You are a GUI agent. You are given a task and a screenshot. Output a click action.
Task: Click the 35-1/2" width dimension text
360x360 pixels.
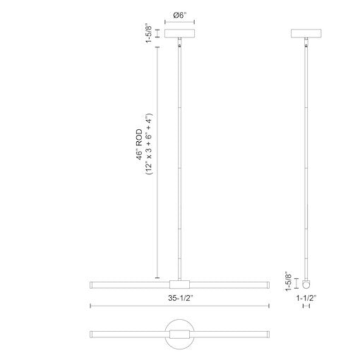click(x=179, y=298)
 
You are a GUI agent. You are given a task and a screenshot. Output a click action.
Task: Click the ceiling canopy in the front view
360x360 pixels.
click(x=179, y=33)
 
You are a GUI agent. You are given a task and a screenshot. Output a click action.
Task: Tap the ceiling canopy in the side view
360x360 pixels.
click(x=308, y=33)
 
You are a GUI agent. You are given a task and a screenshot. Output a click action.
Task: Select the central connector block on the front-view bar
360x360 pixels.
click(x=179, y=284)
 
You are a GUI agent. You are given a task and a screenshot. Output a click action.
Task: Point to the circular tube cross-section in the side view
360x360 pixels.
click(x=308, y=284)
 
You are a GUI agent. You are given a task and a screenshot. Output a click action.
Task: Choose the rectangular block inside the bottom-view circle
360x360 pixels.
click(x=179, y=332)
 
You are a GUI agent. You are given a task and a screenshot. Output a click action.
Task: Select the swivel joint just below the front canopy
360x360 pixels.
click(x=181, y=45)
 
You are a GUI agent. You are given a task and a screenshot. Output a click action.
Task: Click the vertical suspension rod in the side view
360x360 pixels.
click(x=308, y=162)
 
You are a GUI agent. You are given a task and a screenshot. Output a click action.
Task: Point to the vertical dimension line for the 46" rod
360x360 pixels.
click(x=157, y=162)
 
